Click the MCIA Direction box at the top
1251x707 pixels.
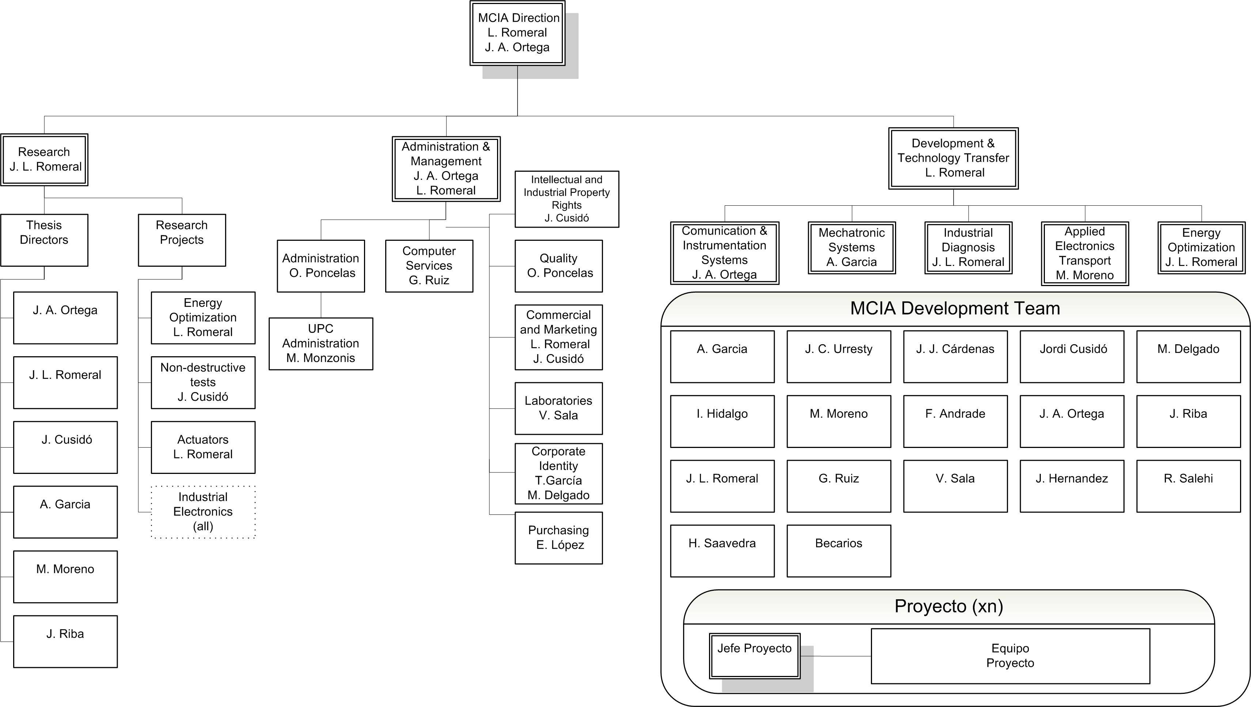[x=518, y=33]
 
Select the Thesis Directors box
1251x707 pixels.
[x=44, y=240]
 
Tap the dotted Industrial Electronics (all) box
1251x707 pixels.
[x=203, y=512]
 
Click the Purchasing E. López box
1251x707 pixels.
[x=558, y=537]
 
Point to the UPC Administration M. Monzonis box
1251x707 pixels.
[x=321, y=344]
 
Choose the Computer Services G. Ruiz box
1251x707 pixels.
[x=429, y=266]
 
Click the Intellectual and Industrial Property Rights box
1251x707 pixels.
[x=567, y=199]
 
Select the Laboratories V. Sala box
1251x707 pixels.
[x=558, y=408]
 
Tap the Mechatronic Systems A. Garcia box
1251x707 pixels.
[x=852, y=248]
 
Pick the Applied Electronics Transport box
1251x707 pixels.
[x=1085, y=254]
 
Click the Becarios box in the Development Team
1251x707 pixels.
[x=839, y=551]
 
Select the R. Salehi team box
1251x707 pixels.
[x=1189, y=486]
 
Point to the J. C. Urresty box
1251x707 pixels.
[x=839, y=356]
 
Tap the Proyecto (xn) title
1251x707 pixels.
[x=949, y=607]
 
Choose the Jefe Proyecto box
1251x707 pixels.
[x=755, y=655]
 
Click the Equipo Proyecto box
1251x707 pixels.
[x=1010, y=656]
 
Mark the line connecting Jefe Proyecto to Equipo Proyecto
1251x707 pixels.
[x=835, y=656]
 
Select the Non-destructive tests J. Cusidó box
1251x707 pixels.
[x=203, y=382]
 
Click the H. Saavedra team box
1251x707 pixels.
[x=722, y=551]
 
